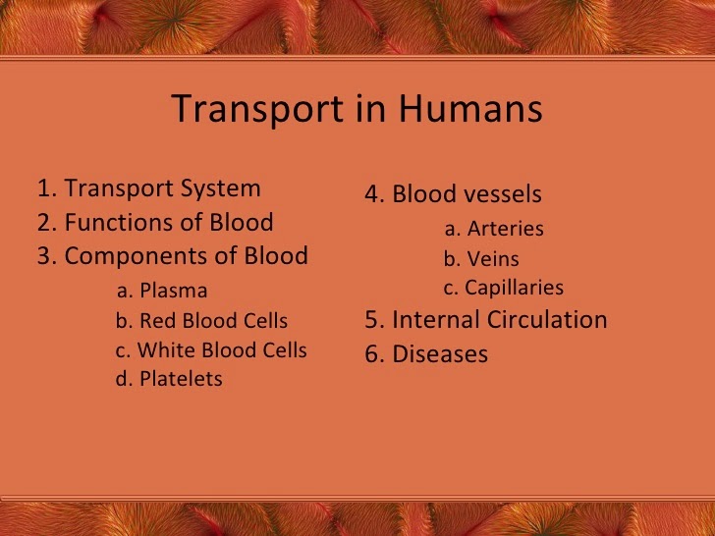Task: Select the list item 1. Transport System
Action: [149, 188]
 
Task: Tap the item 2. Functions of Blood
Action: [155, 223]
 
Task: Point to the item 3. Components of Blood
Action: [173, 256]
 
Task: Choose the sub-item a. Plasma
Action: [162, 291]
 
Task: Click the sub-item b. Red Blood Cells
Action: [201, 321]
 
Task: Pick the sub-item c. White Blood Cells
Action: [211, 350]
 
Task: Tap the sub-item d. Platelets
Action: [169, 379]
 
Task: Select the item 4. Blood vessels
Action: [453, 194]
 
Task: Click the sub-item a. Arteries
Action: [494, 229]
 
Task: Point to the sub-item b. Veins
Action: [481, 260]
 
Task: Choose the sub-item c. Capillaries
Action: [504, 288]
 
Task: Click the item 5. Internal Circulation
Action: [486, 320]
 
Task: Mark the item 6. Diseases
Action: [426, 354]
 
